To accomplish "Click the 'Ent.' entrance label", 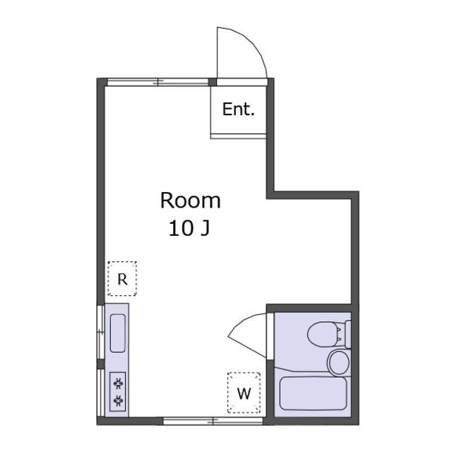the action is [239, 109].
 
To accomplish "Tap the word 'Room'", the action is [191, 201].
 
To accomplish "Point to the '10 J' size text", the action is [189, 229].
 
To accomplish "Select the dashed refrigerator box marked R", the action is [122, 278].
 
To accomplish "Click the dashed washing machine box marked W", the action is [244, 393].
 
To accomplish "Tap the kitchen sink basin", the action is [118, 333].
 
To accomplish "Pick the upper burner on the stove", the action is [118, 383].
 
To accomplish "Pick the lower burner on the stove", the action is [118, 400].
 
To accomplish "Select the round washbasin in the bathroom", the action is [339, 362].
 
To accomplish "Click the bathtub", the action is [313, 393].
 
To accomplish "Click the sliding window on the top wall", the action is [157, 82].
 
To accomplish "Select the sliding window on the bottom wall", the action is [213, 421].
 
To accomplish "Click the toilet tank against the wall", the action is [348, 334].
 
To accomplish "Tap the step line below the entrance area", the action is [239, 136].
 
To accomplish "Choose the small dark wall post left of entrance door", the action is [213, 82].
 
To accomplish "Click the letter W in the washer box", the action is [244, 393].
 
